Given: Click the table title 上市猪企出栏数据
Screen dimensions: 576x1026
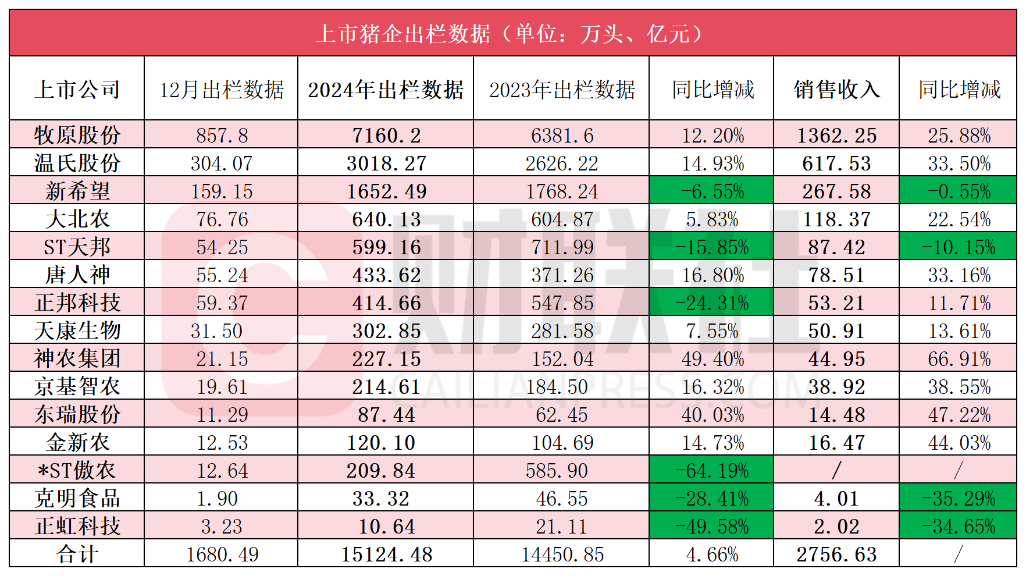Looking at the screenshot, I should coord(512,34).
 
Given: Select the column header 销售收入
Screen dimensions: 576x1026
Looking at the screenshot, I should coord(836,90).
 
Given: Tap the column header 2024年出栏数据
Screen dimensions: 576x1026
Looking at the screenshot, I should coord(386,90).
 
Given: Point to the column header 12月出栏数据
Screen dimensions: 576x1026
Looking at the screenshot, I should coord(222,90).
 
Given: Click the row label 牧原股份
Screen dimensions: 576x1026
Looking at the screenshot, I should coord(77,135).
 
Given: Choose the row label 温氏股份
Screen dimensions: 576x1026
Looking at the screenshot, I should coord(77,163).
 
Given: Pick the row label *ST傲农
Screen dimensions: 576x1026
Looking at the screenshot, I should coord(77,470).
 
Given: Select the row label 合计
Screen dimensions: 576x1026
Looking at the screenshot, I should coord(77,554).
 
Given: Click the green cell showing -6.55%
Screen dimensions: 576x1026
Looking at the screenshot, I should coord(712,191).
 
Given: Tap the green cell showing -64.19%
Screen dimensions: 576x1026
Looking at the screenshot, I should coord(712,470).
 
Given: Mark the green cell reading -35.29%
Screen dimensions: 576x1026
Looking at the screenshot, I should coord(959,498).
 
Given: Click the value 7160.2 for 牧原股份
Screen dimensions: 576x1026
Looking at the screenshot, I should coord(386,135).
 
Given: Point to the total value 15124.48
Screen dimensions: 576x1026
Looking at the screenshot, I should coord(386,554).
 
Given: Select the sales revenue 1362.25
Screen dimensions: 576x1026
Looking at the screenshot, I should coord(836,135).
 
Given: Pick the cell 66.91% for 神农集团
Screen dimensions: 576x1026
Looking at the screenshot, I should coord(959,358).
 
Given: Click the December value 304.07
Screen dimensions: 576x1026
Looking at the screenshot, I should coord(222,163).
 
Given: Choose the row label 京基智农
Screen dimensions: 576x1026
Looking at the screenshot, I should coord(77,386).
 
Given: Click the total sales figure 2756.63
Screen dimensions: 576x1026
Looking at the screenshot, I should coord(836,554).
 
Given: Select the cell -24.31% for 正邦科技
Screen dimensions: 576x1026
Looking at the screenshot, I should coord(712,303).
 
